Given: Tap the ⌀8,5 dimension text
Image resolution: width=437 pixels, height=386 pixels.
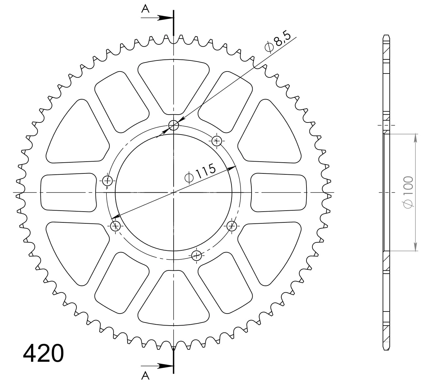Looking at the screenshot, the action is [278, 42].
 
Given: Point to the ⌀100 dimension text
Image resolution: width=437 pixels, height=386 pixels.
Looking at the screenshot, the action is [408, 192].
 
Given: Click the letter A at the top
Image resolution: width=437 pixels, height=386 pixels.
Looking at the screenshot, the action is [145, 9].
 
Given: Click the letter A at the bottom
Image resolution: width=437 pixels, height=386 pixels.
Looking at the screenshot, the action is [145, 376].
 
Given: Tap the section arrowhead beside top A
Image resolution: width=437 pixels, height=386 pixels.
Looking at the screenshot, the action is [165, 18].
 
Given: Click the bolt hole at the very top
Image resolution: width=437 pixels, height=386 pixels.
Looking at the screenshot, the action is [173, 125].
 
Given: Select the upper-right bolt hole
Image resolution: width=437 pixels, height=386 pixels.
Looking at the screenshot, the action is [217, 141].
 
